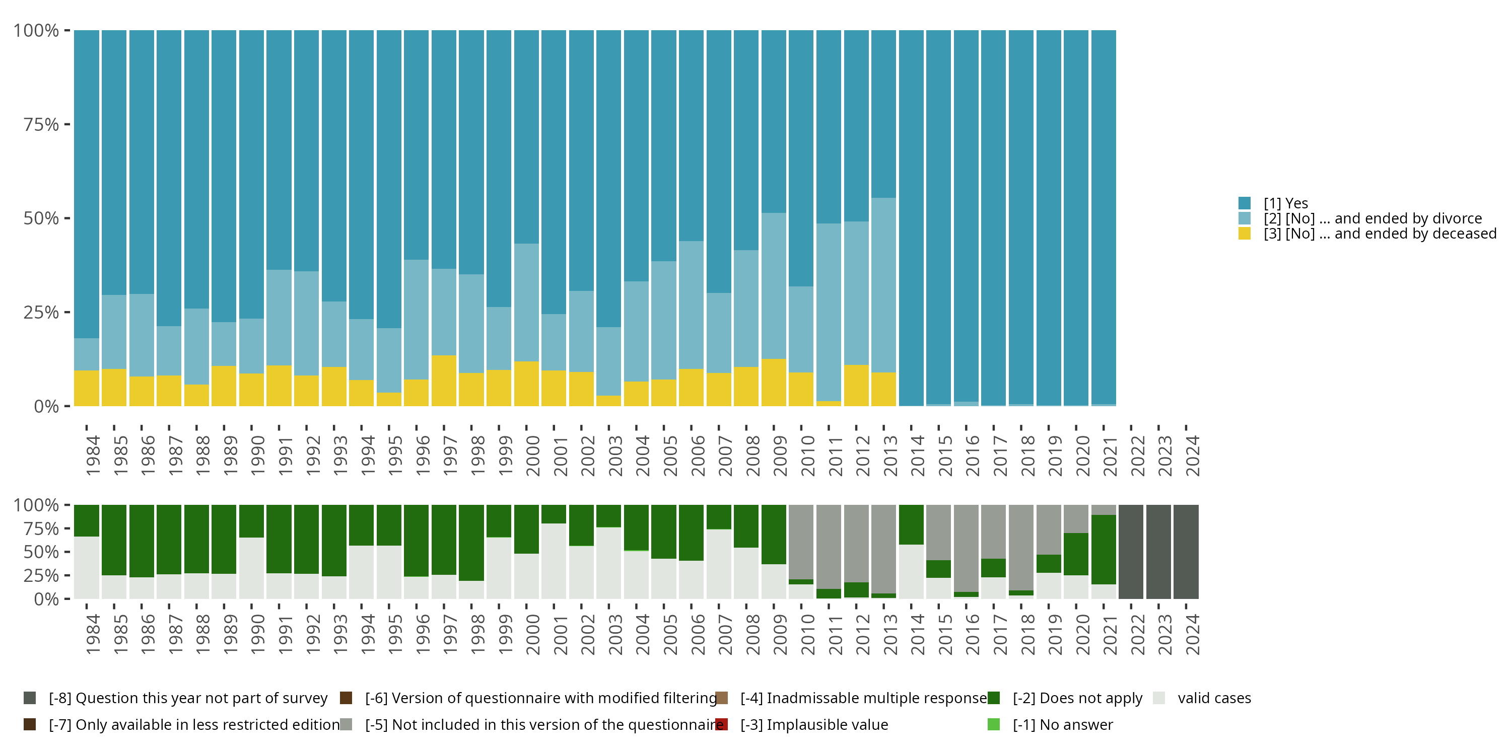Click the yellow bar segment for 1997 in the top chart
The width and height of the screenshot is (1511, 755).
(x=444, y=381)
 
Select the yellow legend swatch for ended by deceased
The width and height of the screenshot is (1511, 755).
(x=1244, y=234)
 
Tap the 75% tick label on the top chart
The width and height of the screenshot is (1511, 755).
(x=41, y=124)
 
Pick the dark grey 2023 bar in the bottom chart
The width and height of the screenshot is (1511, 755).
(x=1158, y=552)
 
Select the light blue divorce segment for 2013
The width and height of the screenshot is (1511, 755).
(x=883, y=285)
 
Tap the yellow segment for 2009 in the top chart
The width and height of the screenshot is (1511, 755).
(x=773, y=382)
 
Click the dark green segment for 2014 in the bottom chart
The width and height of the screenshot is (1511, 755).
(x=911, y=524)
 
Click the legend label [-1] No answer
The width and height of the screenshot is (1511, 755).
(x=1062, y=724)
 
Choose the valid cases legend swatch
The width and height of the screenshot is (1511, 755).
(x=1158, y=698)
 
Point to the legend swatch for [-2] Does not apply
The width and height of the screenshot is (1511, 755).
(x=994, y=698)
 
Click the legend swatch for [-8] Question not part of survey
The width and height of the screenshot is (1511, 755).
(x=30, y=698)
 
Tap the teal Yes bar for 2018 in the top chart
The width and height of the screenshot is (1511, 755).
(x=1020, y=217)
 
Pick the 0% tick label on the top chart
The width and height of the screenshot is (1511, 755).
(x=46, y=406)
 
